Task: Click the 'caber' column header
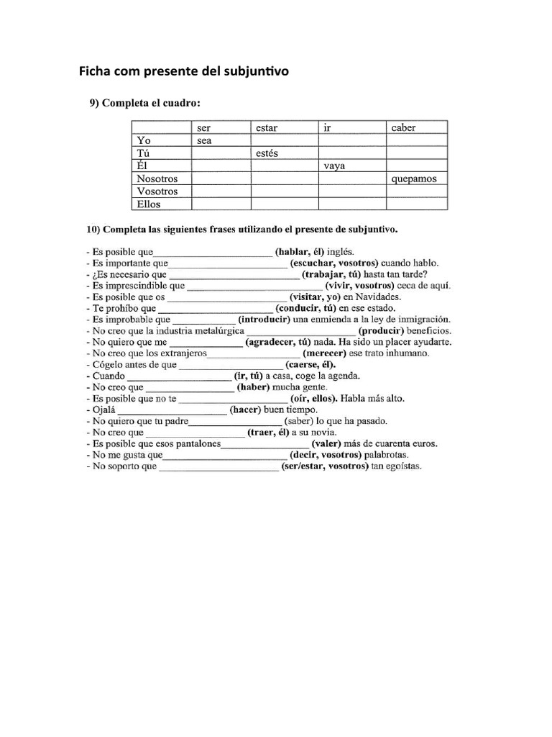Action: click(x=403, y=128)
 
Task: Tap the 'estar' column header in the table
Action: click(x=267, y=128)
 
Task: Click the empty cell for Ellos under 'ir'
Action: click(x=352, y=204)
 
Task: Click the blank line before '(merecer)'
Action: click(x=254, y=353)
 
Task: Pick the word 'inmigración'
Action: click(x=422, y=319)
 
